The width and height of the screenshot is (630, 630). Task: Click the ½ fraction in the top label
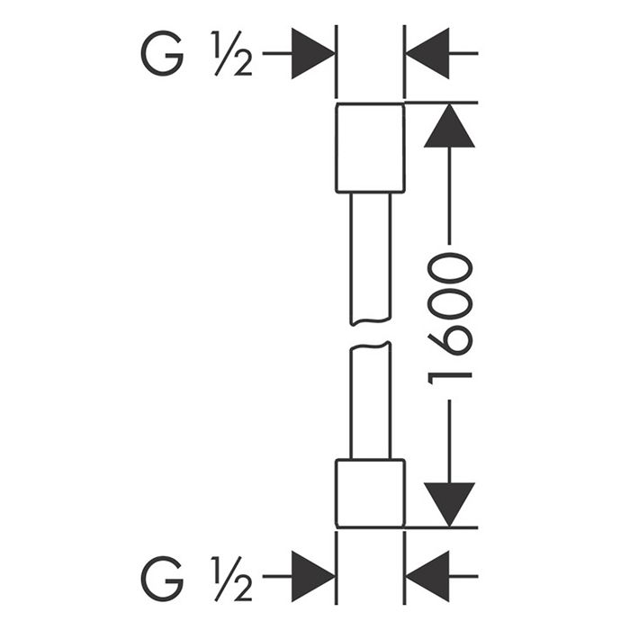point(230,56)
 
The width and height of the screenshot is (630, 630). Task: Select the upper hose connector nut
point(370,148)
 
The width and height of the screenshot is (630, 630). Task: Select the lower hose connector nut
point(370,493)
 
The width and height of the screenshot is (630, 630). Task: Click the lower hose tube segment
point(370,400)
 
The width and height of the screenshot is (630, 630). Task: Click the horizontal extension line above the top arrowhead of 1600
point(441,103)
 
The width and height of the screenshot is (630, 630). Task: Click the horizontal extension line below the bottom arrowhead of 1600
point(441,527)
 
